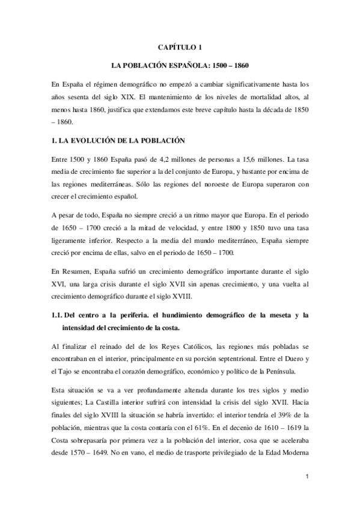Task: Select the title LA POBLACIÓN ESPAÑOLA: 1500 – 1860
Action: [180, 64]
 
